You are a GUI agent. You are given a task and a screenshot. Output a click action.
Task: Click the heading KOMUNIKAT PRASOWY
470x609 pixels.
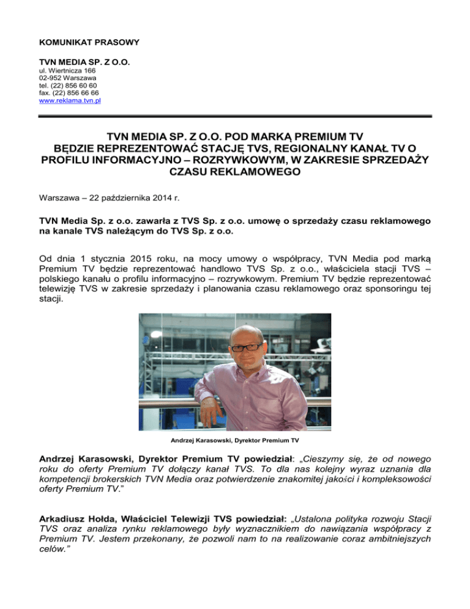[x=89, y=42]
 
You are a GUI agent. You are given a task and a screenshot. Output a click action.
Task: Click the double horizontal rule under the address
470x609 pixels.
[x=235, y=115]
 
